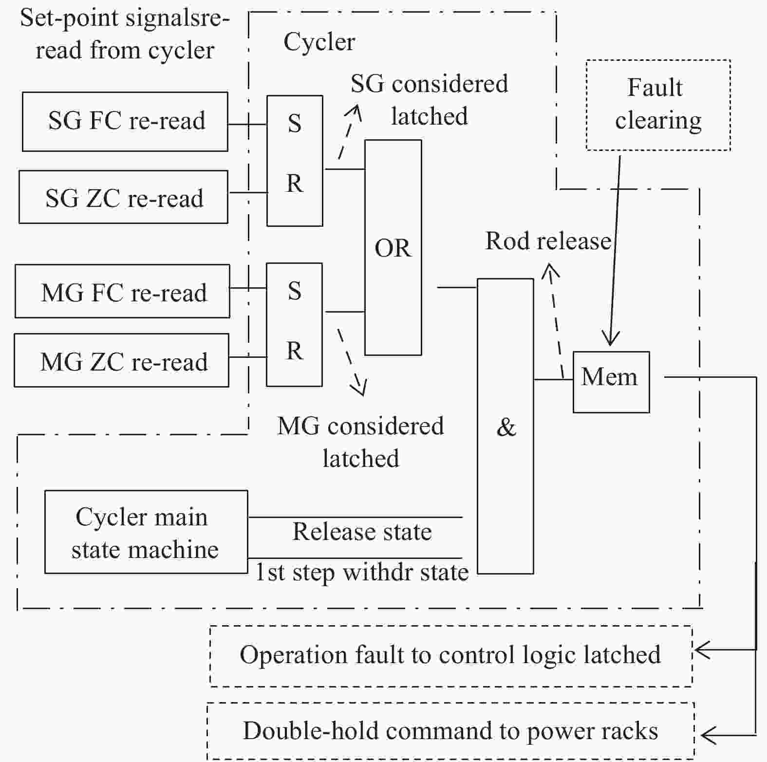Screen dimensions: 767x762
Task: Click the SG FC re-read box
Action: tap(125, 122)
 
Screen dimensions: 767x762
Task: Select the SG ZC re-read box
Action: tap(124, 197)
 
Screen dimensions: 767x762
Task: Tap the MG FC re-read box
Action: tap(123, 291)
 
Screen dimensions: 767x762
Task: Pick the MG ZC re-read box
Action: tap(122, 360)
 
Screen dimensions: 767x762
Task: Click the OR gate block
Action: tap(393, 247)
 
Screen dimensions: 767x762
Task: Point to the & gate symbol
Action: tap(505, 427)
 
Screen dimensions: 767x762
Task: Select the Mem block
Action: tap(611, 382)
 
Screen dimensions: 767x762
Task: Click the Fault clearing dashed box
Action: tap(658, 105)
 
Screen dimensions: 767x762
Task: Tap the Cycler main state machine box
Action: tap(146, 532)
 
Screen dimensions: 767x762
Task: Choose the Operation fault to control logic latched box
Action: tap(451, 656)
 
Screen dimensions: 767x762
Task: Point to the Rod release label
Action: tap(548, 241)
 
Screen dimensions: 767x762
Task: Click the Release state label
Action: tap(362, 531)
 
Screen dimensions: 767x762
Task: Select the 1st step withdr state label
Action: tap(362, 572)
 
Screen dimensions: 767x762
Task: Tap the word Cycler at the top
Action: tap(319, 42)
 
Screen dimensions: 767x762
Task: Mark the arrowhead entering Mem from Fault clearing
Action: tap(610, 338)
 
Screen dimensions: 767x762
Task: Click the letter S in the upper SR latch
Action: tap(294, 124)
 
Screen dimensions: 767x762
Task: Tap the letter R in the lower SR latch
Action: tap(294, 351)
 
